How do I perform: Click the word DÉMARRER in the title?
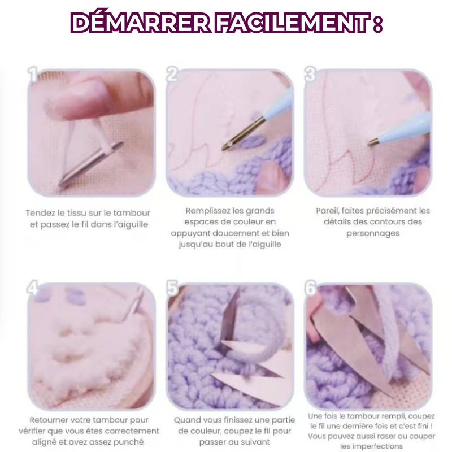(140, 22)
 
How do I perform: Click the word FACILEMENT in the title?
(292, 23)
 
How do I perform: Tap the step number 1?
(33, 75)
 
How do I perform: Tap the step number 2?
(172, 74)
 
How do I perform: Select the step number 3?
(310, 74)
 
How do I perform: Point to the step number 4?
(33, 288)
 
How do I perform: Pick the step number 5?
(172, 288)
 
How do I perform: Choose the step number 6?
(310, 288)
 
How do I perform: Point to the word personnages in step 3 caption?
(373, 233)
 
